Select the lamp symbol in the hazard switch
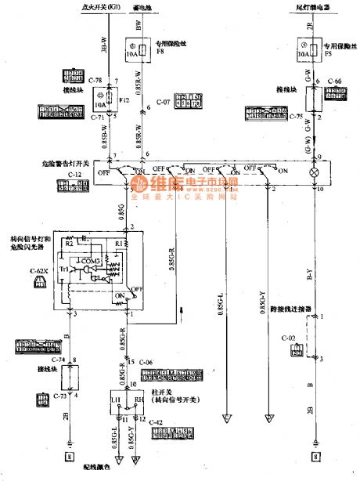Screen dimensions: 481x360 [314, 170]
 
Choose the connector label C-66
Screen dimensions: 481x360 [335, 81]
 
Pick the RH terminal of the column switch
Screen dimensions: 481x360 [138, 400]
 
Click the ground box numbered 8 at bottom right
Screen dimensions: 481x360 [315, 455]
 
